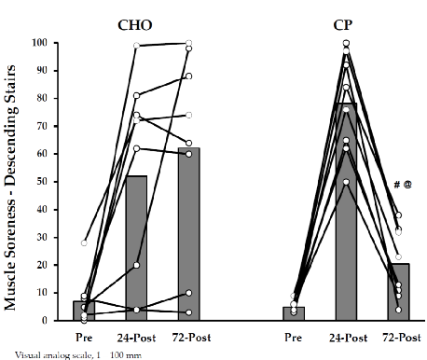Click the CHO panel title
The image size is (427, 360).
[136, 24]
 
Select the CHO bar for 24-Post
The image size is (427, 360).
[136, 248]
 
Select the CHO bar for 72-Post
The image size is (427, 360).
[189, 234]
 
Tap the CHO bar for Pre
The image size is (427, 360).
[84, 311]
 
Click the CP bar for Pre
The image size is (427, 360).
[294, 313]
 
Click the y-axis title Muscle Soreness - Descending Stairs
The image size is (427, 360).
[13, 181]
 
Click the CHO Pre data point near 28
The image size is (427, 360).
[85, 242]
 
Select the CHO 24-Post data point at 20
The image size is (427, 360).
[136, 265]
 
